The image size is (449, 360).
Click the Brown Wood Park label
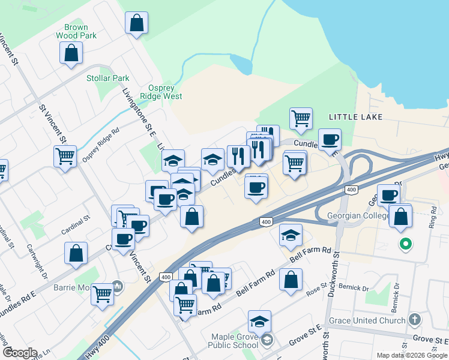[72, 31]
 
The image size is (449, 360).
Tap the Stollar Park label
[108, 78]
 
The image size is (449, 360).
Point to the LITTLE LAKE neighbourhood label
[355, 116]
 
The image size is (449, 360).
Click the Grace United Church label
[367, 320]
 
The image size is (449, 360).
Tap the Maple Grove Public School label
[234, 341]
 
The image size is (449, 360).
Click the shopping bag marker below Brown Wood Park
[71, 53]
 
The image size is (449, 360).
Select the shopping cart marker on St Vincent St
[65, 157]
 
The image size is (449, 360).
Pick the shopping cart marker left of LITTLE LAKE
[301, 118]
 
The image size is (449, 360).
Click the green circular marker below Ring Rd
[406, 244]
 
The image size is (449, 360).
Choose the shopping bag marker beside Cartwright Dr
[76, 253]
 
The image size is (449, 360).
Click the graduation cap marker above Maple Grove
[259, 322]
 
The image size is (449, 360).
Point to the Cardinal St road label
[75, 230]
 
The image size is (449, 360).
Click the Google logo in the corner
[19, 353]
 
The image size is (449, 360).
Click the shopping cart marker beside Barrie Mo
[103, 295]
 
